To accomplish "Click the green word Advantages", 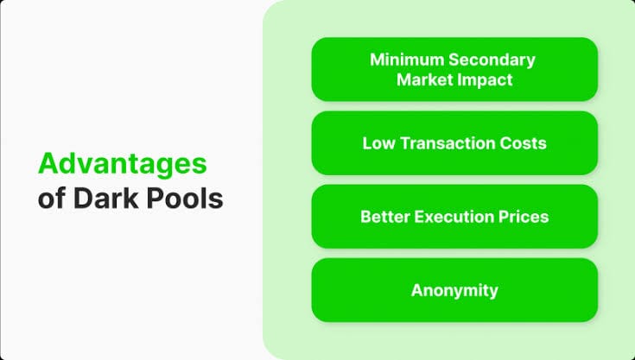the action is [123, 165].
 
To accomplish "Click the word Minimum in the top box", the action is [407, 60].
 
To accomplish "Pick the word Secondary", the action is [492, 60].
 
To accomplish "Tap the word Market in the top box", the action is [424, 79].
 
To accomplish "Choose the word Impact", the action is [485, 80].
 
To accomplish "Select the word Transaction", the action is [448, 143].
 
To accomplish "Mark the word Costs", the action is [523, 143].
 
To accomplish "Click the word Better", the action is [384, 217].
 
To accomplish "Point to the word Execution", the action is [454, 217].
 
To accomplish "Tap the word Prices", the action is [524, 217].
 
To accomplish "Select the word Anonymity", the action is [454, 291].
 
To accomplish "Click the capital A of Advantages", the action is [48, 163].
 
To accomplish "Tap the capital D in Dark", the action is [83, 199].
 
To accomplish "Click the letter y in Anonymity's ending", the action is [492, 293].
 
